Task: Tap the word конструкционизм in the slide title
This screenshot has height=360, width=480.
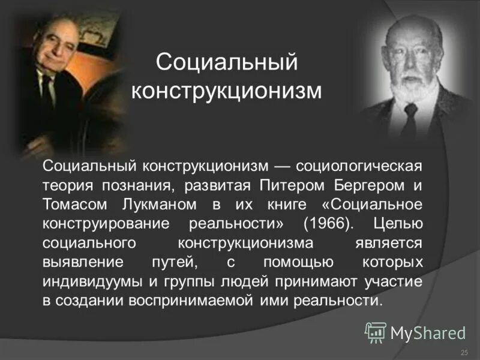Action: (227, 91)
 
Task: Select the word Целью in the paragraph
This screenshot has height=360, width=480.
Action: (397, 223)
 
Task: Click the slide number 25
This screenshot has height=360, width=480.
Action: (463, 352)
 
